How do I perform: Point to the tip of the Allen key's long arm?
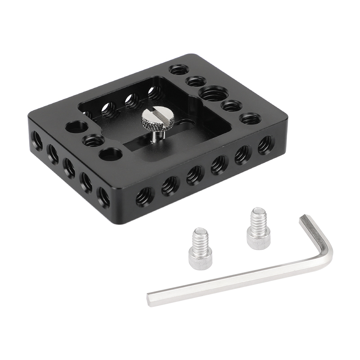click(150, 297)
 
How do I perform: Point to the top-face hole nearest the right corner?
click(249, 119)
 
